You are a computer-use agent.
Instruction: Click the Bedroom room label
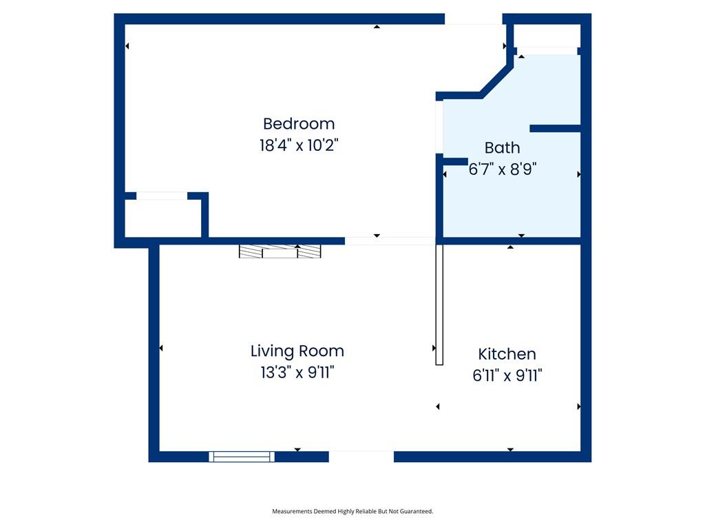click(x=299, y=124)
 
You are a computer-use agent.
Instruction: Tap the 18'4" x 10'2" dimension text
click(x=299, y=145)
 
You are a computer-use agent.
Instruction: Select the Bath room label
click(x=502, y=147)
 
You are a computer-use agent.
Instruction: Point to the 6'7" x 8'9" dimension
click(x=502, y=169)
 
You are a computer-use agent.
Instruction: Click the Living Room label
click(x=297, y=351)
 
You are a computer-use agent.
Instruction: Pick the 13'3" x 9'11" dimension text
click(x=297, y=373)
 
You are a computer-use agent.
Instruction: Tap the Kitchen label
click(x=507, y=354)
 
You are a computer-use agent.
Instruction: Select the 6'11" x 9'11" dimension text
click(x=507, y=375)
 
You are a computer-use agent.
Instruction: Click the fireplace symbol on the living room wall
click(x=280, y=251)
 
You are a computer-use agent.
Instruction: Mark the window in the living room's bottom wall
click(x=242, y=457)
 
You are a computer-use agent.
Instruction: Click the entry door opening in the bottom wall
click(x=361, y=457)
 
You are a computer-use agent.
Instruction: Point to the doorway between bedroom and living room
click(x=390, y=241)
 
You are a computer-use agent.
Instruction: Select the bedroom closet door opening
click(x=162, y=196)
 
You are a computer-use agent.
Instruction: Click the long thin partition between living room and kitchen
click(x=439, y=304)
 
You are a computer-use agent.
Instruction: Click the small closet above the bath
click(x=547, y=36)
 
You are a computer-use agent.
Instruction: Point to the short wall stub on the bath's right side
click(x=556, y=129)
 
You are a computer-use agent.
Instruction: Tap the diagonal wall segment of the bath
click(x=496, y=82)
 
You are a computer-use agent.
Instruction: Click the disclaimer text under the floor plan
click(x=352, y=511)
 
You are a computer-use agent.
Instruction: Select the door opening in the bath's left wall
click(x=439, y=127)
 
